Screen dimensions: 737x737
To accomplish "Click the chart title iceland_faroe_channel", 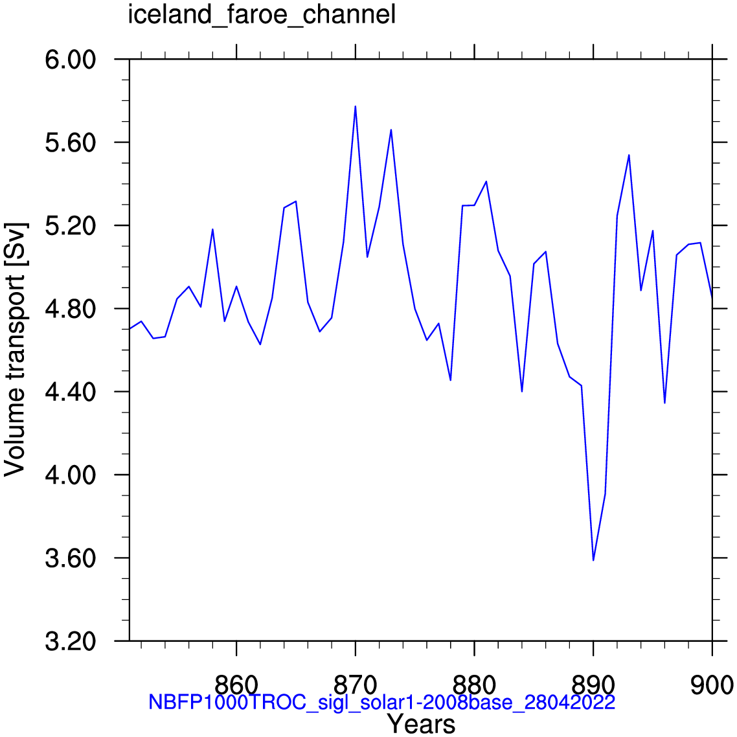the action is coord(262,15).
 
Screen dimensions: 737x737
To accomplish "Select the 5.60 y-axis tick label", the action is coord(71,143).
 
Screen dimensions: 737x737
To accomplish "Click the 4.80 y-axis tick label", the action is coord(71,310).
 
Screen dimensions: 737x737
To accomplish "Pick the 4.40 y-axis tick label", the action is coord(71,392).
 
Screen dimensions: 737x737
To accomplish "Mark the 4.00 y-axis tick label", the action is coord(71,475).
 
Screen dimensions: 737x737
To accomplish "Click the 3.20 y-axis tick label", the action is coord(71,642).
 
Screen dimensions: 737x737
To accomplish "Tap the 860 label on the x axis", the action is coord(236,685).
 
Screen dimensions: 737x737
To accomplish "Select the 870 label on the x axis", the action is coord(356,685).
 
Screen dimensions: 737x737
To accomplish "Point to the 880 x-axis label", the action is coord(474,685).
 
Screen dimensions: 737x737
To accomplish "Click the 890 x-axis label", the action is coord(593,685).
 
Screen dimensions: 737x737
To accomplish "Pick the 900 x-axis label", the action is coord(712,685).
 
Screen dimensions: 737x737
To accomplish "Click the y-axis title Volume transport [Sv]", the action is coord(15,349).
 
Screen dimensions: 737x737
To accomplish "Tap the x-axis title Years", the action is coord(421,724).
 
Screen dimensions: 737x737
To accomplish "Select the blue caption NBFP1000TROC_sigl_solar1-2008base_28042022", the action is coord(381,702).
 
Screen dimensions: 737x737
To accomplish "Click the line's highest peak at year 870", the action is coord(356,106).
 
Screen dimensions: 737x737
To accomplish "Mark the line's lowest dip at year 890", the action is coord(593,560).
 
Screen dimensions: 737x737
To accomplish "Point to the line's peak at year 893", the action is coord(629,155).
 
